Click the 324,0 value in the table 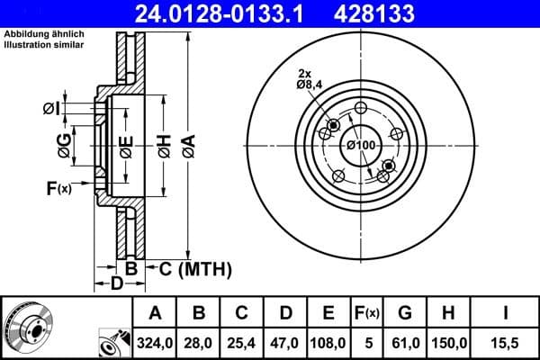click(x=156, y=341)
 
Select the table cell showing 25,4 click(x=242, y=341)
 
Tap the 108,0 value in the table click(x=328, y=341)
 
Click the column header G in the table click(x=405, y=313)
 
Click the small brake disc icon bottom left click(x=28, y=328)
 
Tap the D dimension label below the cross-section click(x=115, y=285)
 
